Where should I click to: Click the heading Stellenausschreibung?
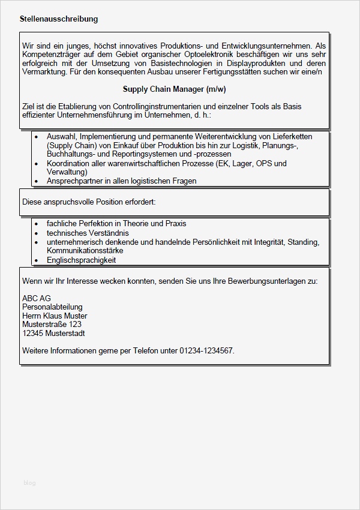(59, 19)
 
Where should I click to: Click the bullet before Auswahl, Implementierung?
(38, 137)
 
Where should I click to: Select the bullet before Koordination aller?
(38, 163)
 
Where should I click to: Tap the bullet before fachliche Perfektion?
(38, 224)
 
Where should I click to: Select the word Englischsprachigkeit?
(82, 260)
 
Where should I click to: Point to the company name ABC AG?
(37, 298)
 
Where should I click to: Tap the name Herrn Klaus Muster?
(55, 316)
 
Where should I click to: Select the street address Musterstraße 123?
(52, 325)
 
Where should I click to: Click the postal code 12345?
(32, 333)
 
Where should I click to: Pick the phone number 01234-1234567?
(206, 350)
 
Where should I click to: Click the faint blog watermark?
(29, 482)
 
